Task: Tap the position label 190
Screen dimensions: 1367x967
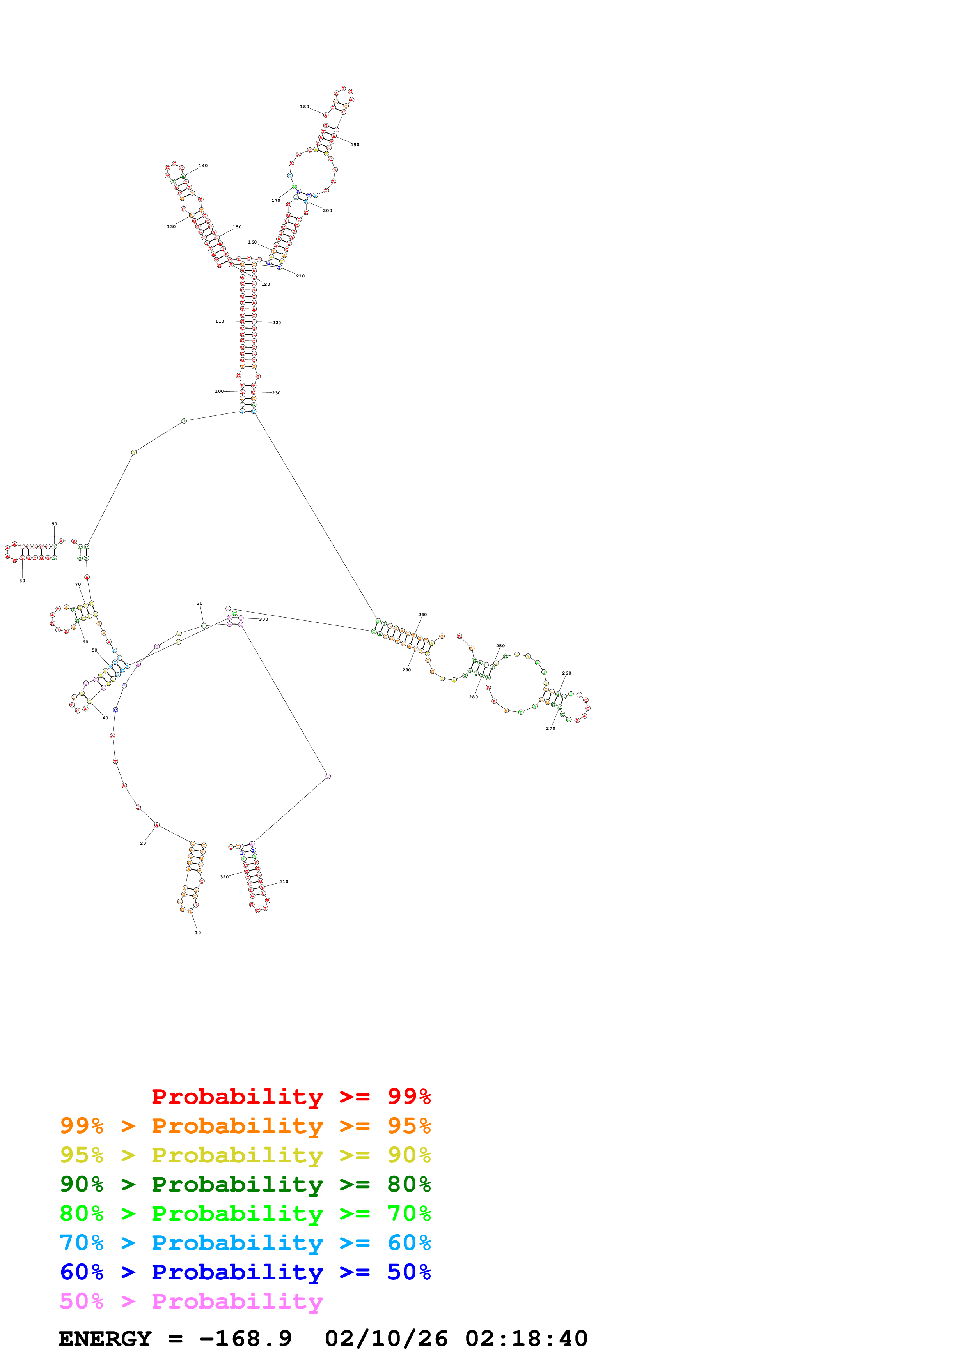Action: [x=355, y=145]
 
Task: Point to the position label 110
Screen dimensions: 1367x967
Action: [x=219, y=321]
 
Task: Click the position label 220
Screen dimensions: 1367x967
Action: [x=277, y=323]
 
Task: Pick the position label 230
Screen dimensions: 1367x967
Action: [x=276, y=393]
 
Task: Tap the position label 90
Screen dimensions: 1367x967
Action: [x=54, y=524]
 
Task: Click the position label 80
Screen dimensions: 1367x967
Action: [x=22, y=581]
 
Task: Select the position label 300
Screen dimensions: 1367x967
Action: [x=263, y=619]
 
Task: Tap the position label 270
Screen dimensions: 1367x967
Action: [x=550, y=728]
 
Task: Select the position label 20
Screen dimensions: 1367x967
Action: [x=143, y=843]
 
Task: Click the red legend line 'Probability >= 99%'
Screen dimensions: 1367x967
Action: [x=291, y=1097]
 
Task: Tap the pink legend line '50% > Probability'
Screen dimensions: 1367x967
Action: [x=191, y=1301]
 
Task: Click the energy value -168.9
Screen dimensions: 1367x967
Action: [x=245, y=1339]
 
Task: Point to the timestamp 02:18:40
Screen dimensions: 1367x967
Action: [x=526, y=1339]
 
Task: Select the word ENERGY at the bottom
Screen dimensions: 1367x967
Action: [x=105, y=1339]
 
